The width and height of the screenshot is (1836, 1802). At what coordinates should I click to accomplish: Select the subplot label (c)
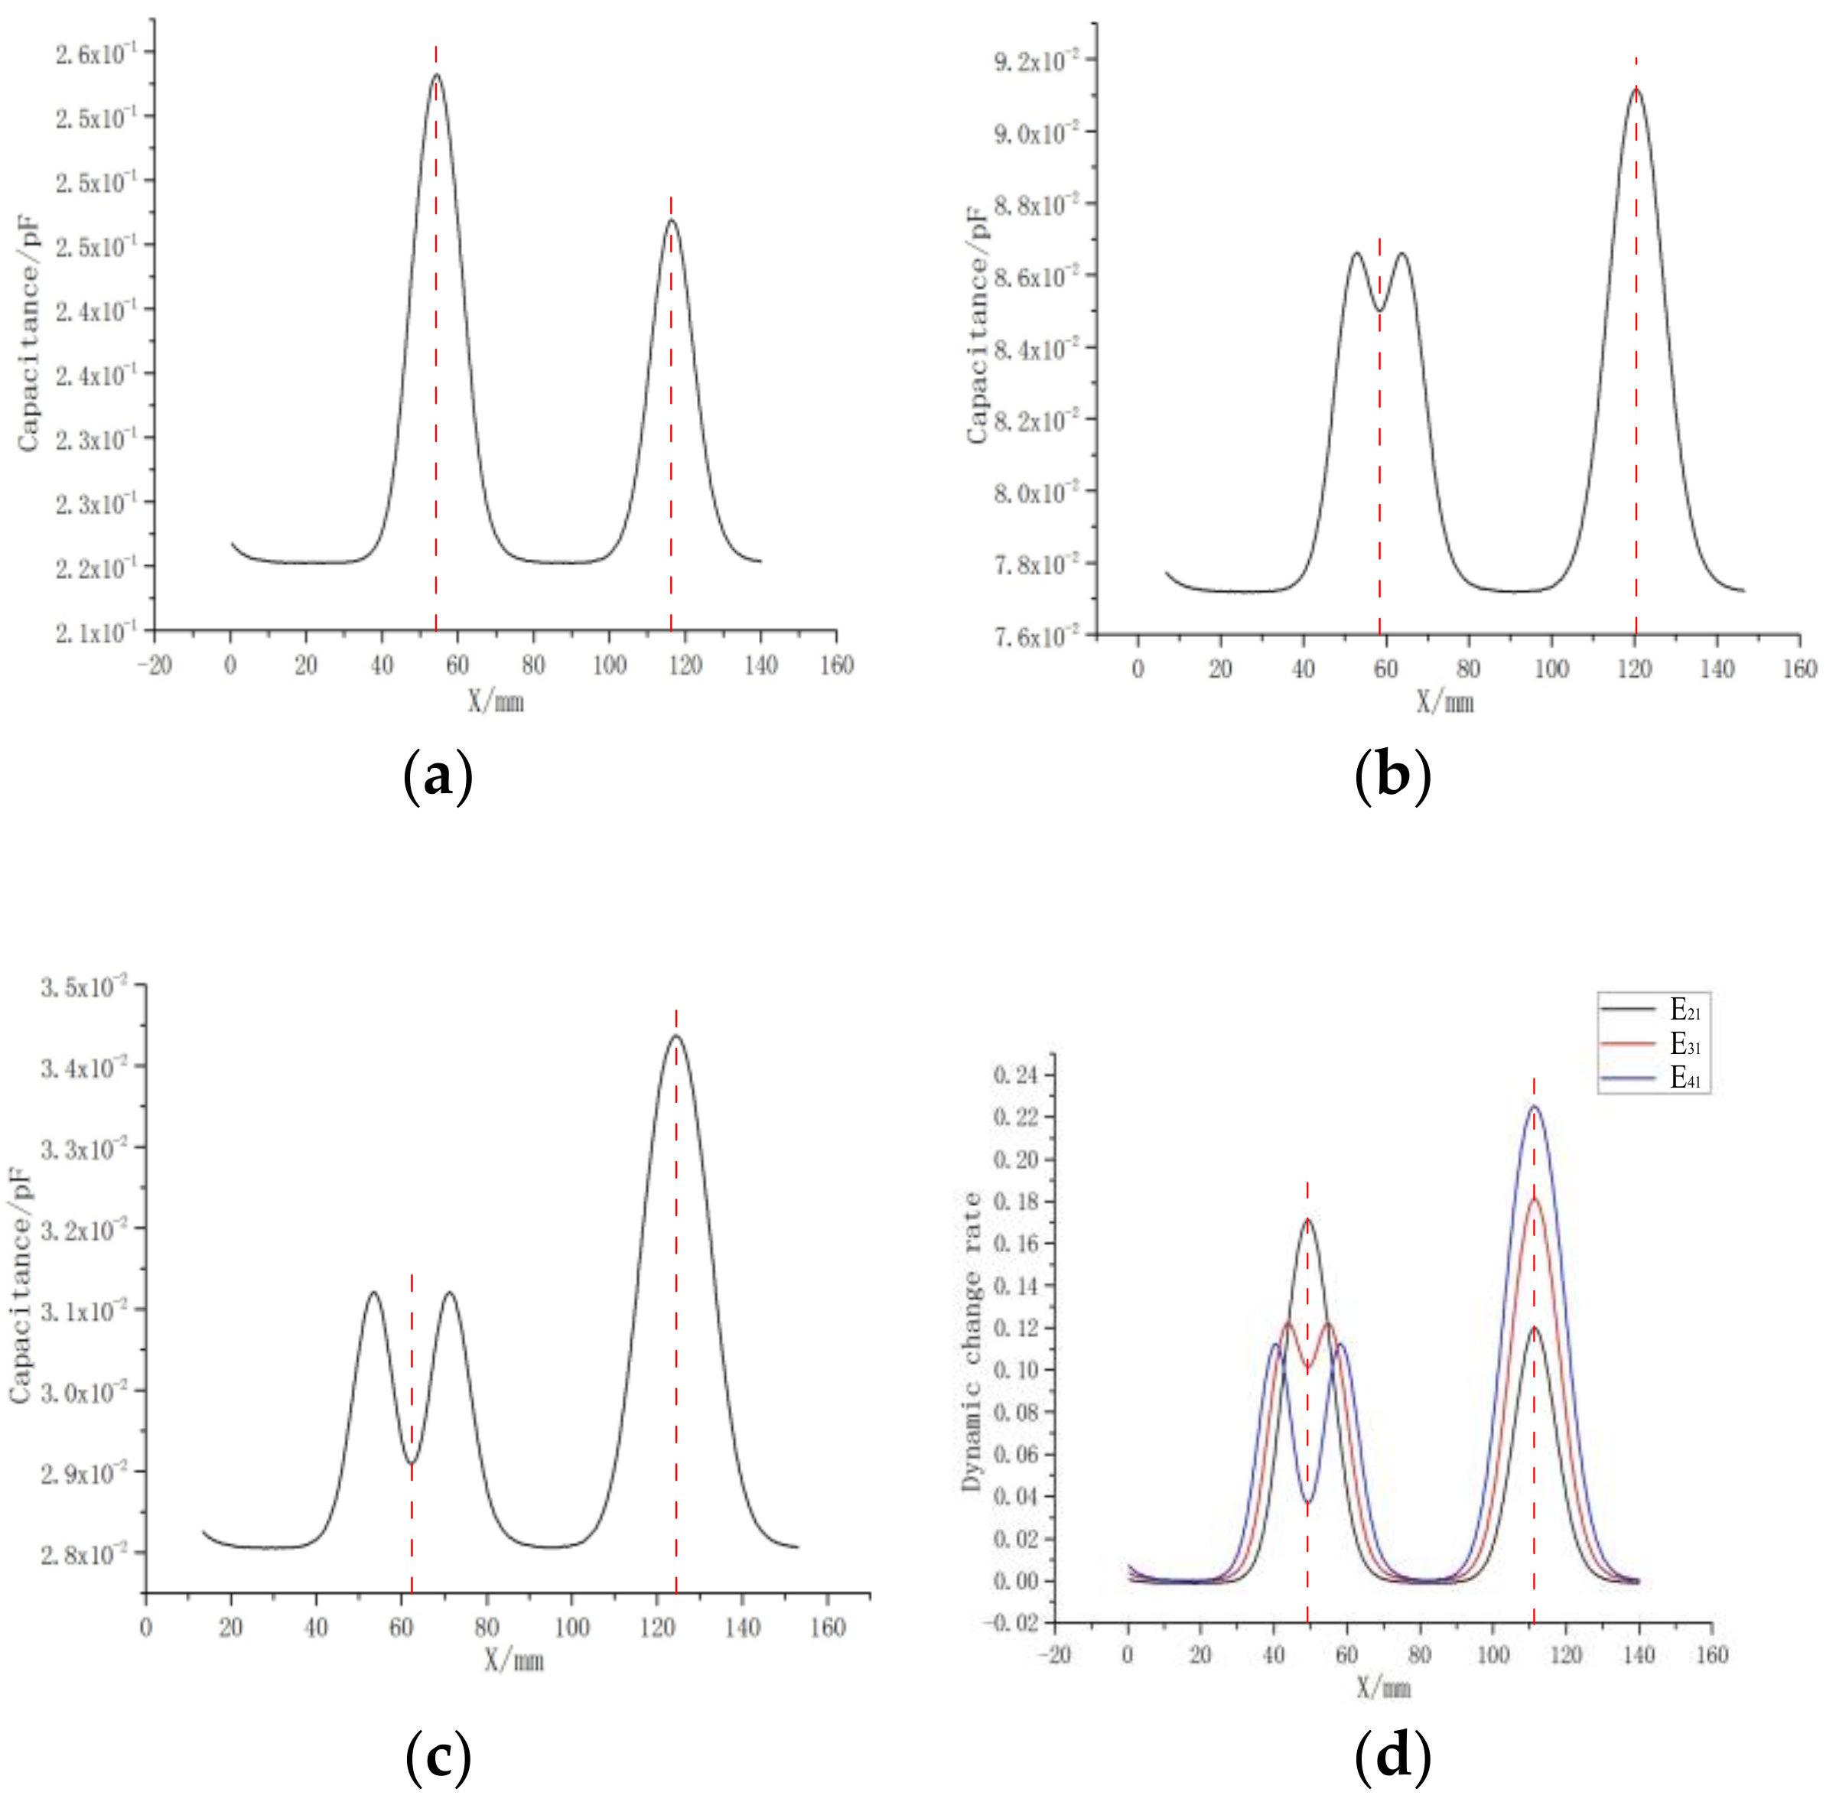[438, 1758]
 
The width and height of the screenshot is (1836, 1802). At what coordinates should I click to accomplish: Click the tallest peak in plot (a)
[436, 75]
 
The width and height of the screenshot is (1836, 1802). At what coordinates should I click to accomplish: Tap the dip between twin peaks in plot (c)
[411, 1462]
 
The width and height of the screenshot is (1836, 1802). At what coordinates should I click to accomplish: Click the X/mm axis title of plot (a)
[496, 701]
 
